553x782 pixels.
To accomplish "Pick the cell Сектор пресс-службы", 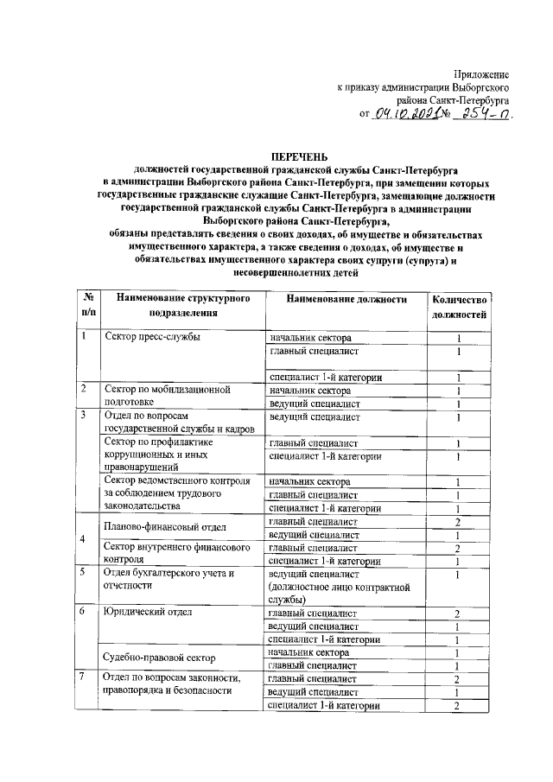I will [x=151, y=337].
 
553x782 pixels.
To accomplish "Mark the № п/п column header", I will [x=87, y=306].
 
